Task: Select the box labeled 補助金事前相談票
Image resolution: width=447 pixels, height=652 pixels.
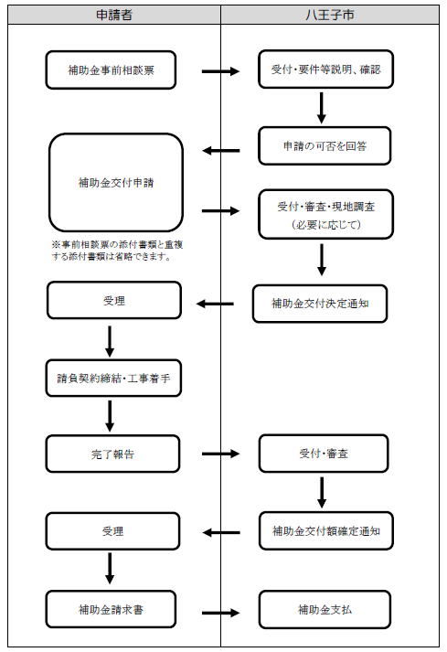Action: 110,69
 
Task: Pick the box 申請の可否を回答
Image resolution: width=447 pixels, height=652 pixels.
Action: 325,145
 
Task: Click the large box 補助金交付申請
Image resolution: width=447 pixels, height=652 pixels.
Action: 116,183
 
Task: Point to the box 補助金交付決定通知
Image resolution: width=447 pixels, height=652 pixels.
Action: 320,303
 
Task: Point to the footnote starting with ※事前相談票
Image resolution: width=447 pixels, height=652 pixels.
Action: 113,251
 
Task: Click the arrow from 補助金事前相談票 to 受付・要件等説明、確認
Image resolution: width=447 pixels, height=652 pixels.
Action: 220,70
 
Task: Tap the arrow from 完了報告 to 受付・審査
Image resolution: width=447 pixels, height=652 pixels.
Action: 220,453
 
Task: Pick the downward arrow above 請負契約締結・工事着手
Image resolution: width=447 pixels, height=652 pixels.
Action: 110,339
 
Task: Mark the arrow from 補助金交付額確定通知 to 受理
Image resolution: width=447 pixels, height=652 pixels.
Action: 220,532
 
